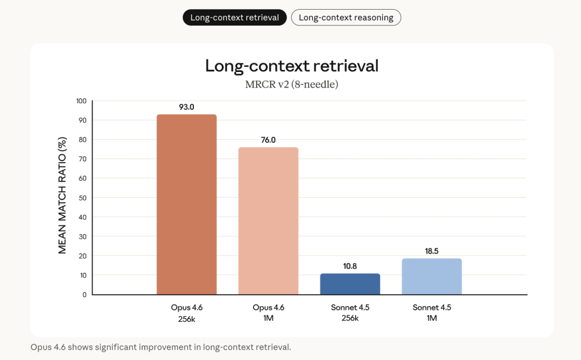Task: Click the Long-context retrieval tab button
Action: [x=234, y=18]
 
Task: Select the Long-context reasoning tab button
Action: [x=346, y=18]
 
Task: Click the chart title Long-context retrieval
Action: [x=292, y=66]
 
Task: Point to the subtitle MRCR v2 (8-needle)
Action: [x=292, y=85]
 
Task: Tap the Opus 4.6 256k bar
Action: [x=187, y=204]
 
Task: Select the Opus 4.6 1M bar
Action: [x=268, y=221]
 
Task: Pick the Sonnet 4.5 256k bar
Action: [x=350, y=284]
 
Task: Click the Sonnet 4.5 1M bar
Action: [x=432, y=277]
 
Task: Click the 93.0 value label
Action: [x=187, y=107]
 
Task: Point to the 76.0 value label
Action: [x=268, y=139]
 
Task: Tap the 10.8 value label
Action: [x=350, y=265]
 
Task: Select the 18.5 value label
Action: [x=432, y=251]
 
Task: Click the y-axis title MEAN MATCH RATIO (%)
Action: [x=63, y=195]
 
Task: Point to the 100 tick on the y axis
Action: [x=81, y=101]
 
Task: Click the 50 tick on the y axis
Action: [x=83, y=198]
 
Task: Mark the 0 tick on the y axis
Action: [x=85, y=294]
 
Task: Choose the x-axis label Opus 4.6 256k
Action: [x=187, y=312]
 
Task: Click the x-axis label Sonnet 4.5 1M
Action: [x=432, y=312]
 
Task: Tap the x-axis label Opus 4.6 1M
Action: [x=268, y=312]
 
